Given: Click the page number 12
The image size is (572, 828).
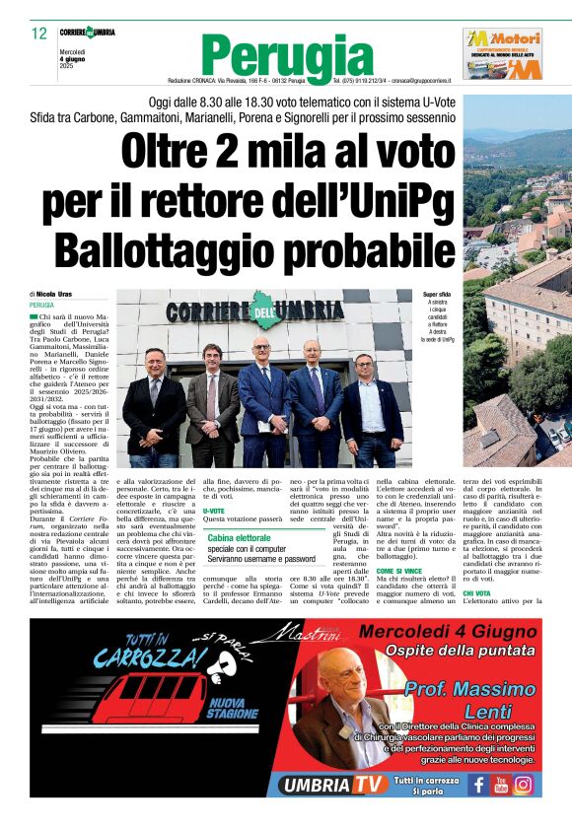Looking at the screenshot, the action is (38, 34).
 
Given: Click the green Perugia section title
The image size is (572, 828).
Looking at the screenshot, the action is (287, 53).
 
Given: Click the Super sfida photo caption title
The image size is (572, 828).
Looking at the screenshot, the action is (437, 294).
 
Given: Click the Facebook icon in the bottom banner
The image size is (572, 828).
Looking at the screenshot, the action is (478, 785).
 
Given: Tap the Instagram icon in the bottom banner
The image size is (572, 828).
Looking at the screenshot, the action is (523, 785).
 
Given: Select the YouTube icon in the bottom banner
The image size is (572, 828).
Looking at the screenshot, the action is (500, 785).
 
